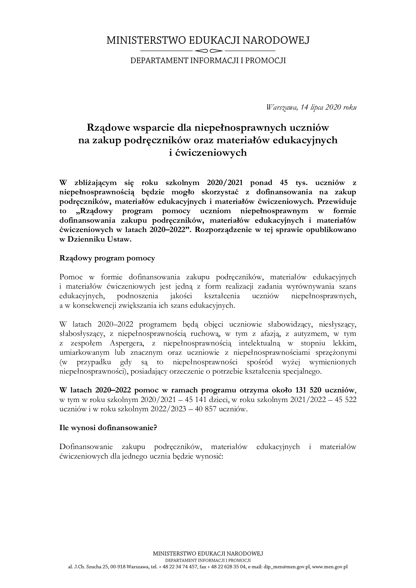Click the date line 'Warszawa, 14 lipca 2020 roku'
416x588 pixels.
click(311, 107)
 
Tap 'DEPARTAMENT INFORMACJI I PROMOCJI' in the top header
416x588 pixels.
click(208, 61)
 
